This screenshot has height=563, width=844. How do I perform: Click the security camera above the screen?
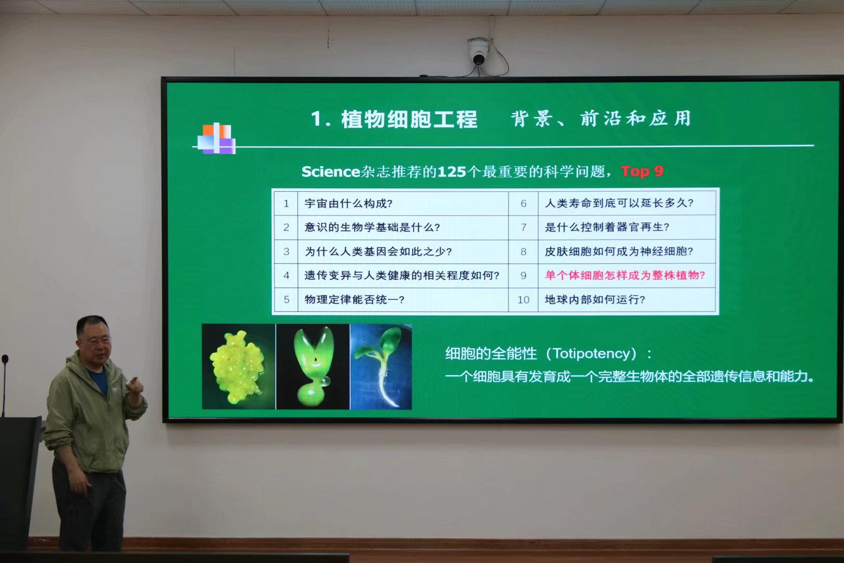[478, 51]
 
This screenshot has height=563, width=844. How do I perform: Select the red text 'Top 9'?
[642, 171]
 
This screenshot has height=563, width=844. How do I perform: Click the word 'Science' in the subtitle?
[331, 172]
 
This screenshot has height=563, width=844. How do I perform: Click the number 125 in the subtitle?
[452, 172]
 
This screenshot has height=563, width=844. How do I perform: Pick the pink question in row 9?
[625, 275]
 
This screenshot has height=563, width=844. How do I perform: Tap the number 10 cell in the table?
[524, 300]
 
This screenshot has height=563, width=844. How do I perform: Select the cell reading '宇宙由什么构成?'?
[349, 204]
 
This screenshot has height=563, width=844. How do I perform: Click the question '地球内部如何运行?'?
[595, 300]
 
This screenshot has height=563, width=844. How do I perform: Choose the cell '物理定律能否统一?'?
[355, 300]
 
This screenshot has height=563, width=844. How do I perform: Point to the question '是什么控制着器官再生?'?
[607, 227]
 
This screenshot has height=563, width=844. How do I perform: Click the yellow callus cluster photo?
[239, 366]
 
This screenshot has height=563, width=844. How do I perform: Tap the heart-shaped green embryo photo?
[313, 366]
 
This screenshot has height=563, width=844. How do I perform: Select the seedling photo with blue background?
[381, 366]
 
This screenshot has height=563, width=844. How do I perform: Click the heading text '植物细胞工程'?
[409, 119]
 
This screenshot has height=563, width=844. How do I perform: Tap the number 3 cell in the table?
[287, 251]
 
